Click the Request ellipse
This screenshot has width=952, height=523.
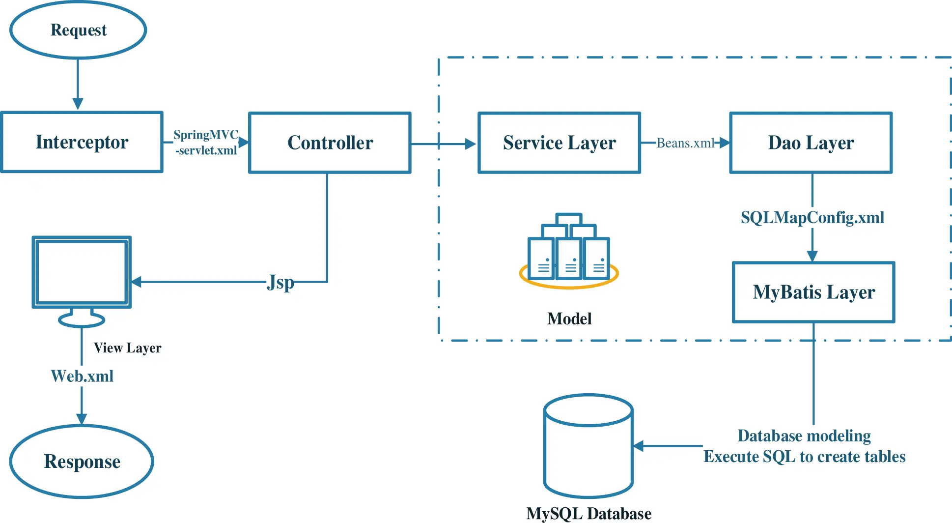78,30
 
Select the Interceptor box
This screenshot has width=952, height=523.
82,142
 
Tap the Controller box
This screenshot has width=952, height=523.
330,143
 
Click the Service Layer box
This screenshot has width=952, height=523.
559,143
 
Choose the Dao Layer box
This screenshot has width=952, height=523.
811,143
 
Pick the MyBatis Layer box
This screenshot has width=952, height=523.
813,292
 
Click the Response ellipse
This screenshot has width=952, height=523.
82,462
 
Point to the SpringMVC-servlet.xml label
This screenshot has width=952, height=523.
206,143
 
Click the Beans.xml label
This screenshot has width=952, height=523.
685,143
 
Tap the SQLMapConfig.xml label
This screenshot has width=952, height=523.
812,217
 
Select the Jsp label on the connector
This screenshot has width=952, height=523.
280,282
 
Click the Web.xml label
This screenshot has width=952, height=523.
82,376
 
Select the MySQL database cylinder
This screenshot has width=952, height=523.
588,446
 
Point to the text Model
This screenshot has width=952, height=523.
569,319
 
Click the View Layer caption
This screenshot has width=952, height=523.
127,348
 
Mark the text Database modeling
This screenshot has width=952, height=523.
804,436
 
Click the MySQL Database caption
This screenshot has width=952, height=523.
588,514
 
